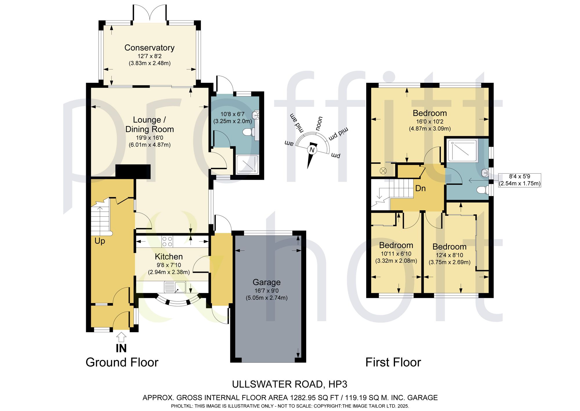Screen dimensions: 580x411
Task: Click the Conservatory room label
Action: tap(149, 48)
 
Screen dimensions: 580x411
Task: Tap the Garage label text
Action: tap(267, 282)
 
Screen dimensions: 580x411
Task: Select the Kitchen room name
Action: tap(169, 256)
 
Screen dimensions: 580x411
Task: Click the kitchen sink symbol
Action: tap(175, 287)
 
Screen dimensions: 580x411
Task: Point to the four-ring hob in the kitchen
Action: tap(168, 241)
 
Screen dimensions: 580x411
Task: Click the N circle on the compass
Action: tap(312, 150)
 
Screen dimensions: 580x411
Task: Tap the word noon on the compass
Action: tap(319, 124)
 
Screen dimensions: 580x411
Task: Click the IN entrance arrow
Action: tap(121, 337)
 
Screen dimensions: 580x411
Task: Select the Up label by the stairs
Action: tap(100, 241)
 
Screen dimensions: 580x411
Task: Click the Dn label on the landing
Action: tap(420, 188)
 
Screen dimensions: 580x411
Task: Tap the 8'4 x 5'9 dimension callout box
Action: tap(519, 180)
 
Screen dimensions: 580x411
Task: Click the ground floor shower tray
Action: tap(247, 165)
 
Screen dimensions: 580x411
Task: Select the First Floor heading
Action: tap(393, 362)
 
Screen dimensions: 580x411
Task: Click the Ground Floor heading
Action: tap(122, 362)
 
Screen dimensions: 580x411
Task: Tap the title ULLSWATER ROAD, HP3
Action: tap(290, 384)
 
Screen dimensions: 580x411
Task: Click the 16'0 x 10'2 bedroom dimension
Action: tap(430, 122)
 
